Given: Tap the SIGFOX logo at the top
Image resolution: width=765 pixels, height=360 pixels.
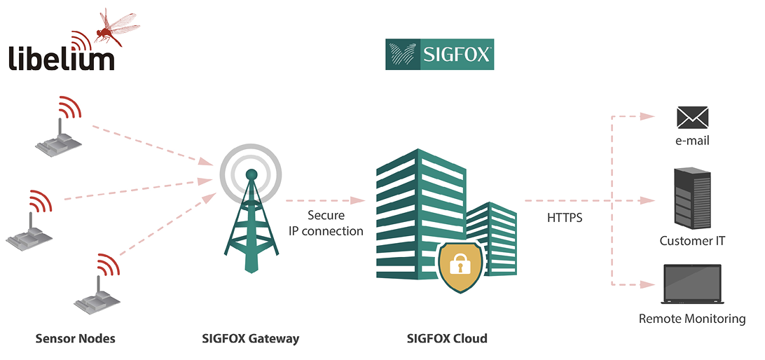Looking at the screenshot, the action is (x=439, y=54).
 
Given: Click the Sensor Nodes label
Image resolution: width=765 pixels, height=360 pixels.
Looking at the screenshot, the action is (x=75, y=338).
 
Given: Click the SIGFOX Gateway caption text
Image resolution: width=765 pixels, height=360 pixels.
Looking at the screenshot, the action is (x=250, y=338).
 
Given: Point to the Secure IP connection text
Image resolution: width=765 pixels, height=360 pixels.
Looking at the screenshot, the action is (x=326, y=223).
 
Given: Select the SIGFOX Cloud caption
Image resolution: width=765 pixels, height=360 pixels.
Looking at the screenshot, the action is (x=447, y=338).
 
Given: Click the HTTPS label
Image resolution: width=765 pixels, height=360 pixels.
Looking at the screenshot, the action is (x=565, y=218).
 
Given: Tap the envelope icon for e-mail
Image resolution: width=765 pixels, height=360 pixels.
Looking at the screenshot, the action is (x=692, y=118).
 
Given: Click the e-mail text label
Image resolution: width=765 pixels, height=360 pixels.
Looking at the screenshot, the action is (x=692, y=141).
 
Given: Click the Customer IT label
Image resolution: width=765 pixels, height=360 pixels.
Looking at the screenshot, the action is (x=692, y=240).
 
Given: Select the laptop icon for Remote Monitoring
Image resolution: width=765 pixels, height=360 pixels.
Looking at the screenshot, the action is (x=692, y=285).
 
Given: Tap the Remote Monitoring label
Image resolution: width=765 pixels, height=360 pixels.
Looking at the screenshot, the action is (x=692, y=319).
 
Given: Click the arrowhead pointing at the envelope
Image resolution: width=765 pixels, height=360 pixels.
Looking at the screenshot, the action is (x=647, y=116).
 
